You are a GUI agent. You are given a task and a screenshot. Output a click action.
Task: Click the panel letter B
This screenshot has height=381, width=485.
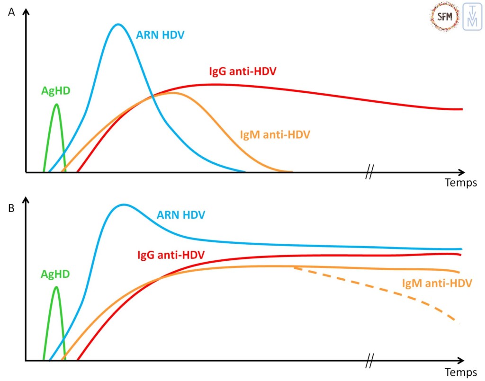pos(12,207)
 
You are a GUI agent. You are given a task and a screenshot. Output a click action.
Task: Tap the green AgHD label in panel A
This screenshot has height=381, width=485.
pos(55,91)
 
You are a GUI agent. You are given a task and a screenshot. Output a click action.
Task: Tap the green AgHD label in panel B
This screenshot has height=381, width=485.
pos(55,274)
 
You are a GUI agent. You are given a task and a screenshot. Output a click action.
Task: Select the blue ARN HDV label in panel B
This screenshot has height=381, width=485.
pos(181,215)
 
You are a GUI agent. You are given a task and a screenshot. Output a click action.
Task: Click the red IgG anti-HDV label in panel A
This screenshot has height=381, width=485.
pos(243,72)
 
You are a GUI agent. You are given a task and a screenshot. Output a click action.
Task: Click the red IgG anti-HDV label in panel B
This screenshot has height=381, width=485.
pos(171,255)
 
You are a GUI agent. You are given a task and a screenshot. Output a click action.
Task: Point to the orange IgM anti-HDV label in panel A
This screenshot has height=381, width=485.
pos(275,134)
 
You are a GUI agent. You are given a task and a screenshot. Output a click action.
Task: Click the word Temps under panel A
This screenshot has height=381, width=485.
pos(460,183)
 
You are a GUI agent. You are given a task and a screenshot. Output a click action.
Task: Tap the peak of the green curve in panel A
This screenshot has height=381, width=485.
pos(57,104)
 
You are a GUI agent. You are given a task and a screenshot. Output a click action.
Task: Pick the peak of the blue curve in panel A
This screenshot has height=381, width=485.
pos(118,24)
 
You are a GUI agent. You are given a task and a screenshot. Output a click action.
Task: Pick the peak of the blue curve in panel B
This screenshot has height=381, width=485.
pos(124,204)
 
